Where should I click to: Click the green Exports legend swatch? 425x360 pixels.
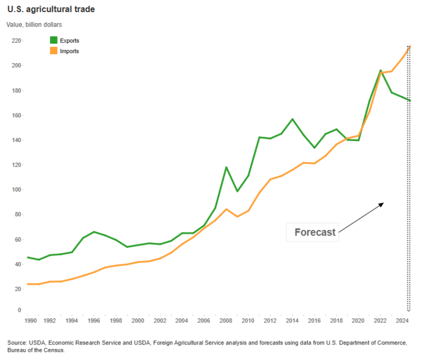[x=54, y=40]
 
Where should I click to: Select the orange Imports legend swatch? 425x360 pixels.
[x=54, y=51]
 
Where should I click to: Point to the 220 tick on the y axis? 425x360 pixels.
[x=17, y=41]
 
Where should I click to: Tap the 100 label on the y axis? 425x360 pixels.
[x=17, y=190]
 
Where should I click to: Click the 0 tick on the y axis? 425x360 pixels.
[x=19, y=311]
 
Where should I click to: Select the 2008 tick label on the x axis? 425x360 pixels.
[x=226, y=321]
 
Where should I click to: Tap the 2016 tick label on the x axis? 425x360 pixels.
[x=314, y=321]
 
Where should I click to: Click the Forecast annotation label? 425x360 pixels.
[x=315, y=232]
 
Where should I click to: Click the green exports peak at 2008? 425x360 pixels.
[x=226, y=167]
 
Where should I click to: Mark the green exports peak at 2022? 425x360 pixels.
[x=381, y=70]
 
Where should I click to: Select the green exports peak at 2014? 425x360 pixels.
[x=293, y=119]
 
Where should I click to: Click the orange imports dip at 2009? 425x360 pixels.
[x=237, y=216]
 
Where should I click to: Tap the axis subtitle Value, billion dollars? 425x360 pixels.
[x=34, y=24]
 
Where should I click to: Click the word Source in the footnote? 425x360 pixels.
[x=17, y=343]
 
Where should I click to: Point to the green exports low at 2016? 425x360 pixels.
[x=314, y=148]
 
